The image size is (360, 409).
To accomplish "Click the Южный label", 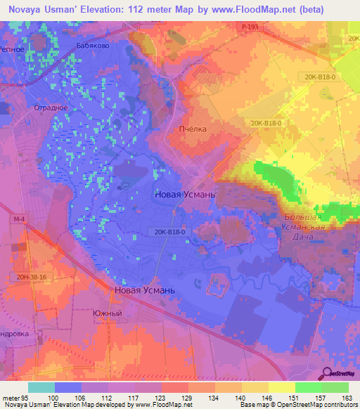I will pos(107,313).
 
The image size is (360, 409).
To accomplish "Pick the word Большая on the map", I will pos(304,218).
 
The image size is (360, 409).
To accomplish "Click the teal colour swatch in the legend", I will pos(41,387).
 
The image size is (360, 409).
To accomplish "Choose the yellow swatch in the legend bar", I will pos(281,387).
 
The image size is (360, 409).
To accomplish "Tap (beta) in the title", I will pos(334,9).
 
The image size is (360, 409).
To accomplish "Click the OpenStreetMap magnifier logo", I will pos(326,373).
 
